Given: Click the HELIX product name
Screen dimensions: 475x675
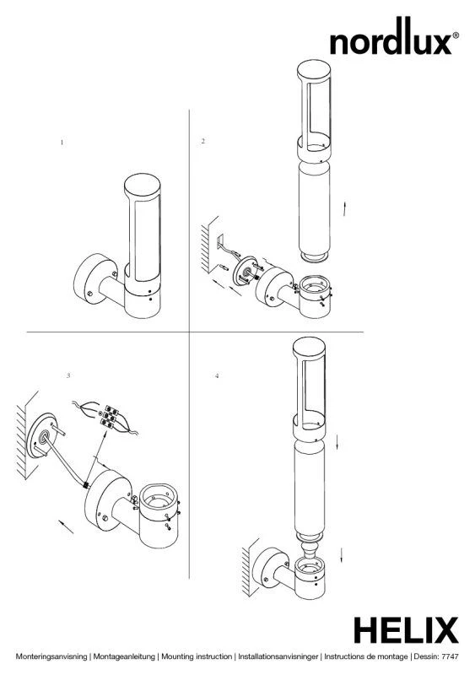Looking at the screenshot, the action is [x=406, y=630].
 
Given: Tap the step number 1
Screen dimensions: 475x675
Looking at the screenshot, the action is [x=62, y=142].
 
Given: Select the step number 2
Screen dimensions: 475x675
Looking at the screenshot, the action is [x=202, y=141].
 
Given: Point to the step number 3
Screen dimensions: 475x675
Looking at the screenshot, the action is [x=68, y=375].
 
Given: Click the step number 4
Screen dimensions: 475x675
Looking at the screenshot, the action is [x=217, y=375].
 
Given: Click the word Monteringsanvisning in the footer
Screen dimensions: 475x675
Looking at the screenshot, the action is [x=51, y=657].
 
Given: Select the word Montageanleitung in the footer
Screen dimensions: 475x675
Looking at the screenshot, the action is [x=124, y=657].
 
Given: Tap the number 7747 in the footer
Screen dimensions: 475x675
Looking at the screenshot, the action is [x=451, y=657].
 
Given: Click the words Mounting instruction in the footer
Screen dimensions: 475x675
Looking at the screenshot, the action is [x=197, y=657].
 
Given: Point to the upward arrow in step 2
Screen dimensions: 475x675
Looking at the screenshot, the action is [x=344, y=208].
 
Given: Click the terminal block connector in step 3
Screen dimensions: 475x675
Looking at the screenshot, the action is [x=108, y=417].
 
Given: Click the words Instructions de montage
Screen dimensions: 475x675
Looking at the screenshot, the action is [x=365, y=657].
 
